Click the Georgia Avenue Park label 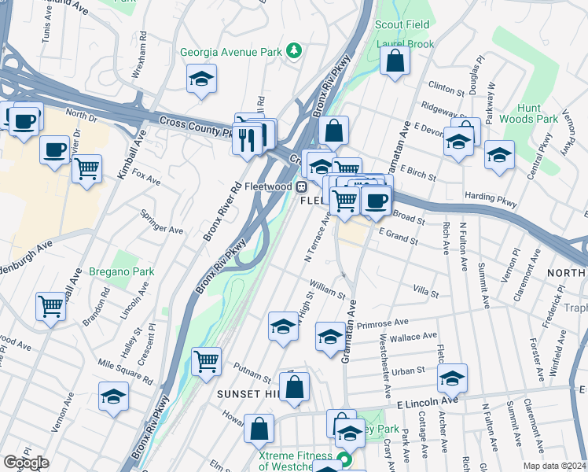click(230, 52)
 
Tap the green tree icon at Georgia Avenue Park click(294, 52)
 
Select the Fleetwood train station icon click(301, 186)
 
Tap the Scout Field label click(402, 25)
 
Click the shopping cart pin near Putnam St click(206, 362)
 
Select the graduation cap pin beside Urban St click(452, 378)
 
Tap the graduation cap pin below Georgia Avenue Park click(202, 79)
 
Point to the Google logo click(26, 463)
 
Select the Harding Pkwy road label click(492, 200)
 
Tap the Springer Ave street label click(161, 222)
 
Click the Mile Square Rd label click(124, 372)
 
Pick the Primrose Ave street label click(382, 323)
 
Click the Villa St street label click(424, 292)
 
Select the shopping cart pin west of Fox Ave click(86, 167)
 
